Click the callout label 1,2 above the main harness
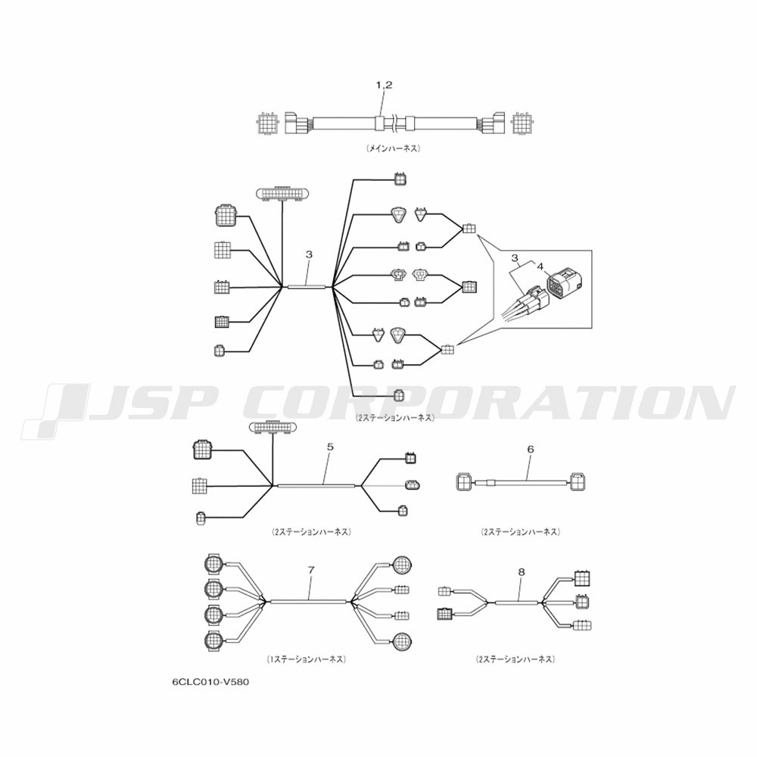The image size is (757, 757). click(385, 85)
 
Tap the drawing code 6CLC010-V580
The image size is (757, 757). click(211, 682)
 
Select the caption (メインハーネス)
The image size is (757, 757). click(393, 148)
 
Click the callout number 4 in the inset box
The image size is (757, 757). click(540, 266)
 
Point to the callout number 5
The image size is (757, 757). click(330, 447)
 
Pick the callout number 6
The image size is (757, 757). click(531, 450)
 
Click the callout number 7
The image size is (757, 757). click(311, 570)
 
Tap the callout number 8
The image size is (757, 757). click(521, 572)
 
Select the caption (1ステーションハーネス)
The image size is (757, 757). click(306, 659)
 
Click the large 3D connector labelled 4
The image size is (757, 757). click(562, 283)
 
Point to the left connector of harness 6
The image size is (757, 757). click(466, 481)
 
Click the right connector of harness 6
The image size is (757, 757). click(578, 481)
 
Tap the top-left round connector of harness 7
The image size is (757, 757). click(213, 564)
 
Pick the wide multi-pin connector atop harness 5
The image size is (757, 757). click(273, 427)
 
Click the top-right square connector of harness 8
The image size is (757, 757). click(583, 578)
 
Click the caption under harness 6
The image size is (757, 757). click(521, 532)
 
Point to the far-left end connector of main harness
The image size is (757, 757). click(266, 123)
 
